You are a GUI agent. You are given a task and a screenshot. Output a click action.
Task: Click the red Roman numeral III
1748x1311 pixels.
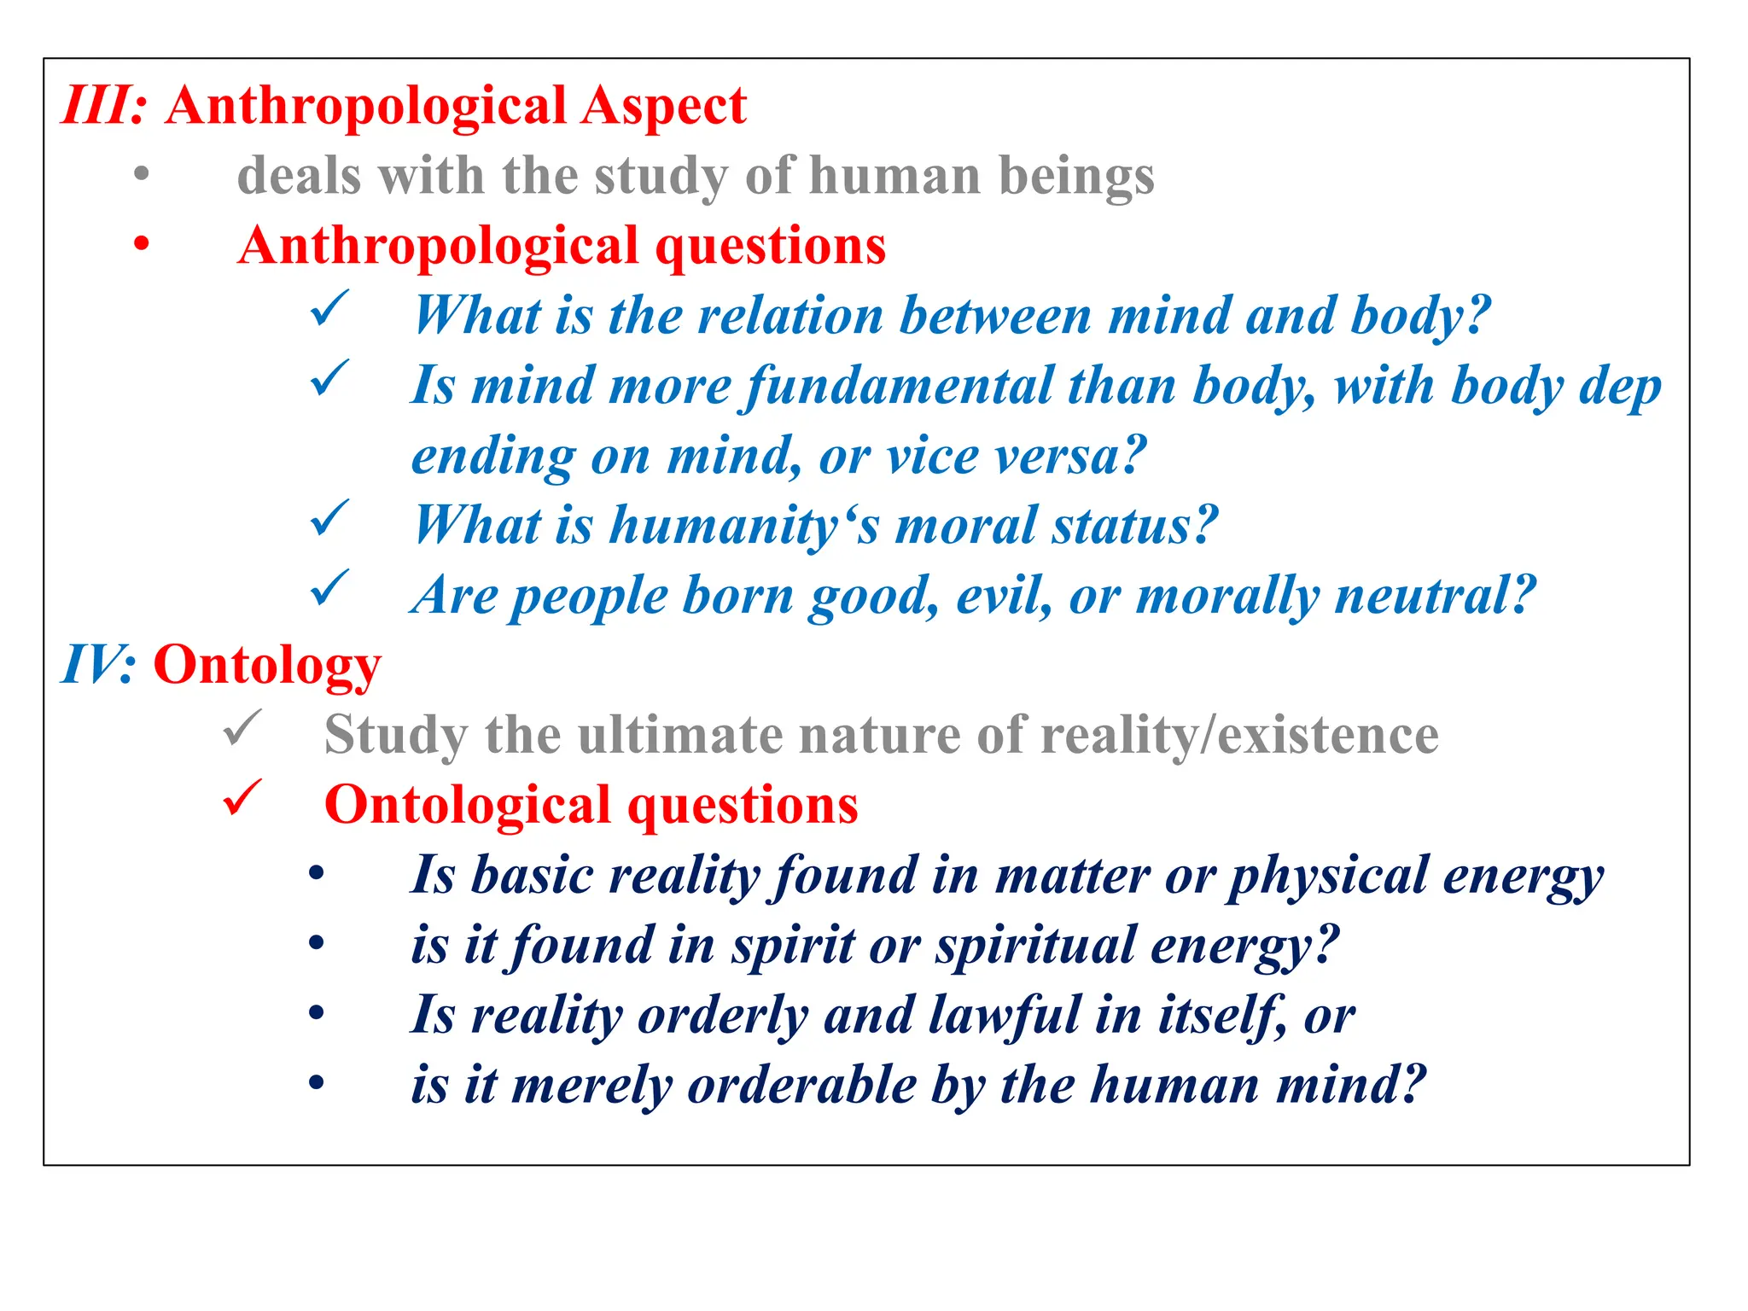pos(99,106)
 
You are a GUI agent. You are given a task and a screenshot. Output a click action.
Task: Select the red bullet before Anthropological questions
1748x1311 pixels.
pos(142,245)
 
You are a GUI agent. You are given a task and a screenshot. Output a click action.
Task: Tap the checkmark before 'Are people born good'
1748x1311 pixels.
pos(329,588)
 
